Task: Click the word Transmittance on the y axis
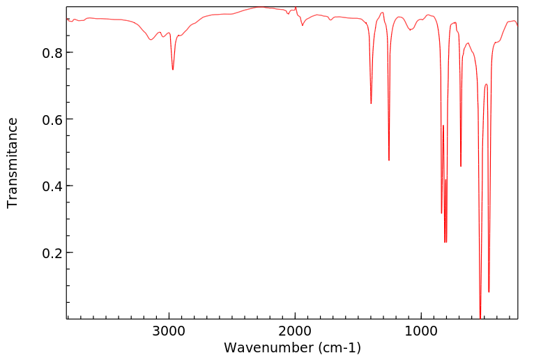point(13,163)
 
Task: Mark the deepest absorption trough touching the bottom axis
point(480,316)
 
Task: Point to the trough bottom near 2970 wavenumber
point(173,69)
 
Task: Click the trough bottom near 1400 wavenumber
point(371,103)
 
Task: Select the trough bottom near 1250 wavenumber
point(389,160)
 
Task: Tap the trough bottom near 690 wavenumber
point(461,166)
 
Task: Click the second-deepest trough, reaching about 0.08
point(489,292)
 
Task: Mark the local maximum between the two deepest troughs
point(486,84)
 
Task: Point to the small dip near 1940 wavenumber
point(303,25)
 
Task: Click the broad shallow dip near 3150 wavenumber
point(151,40)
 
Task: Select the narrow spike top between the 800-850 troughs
point(443,126)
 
